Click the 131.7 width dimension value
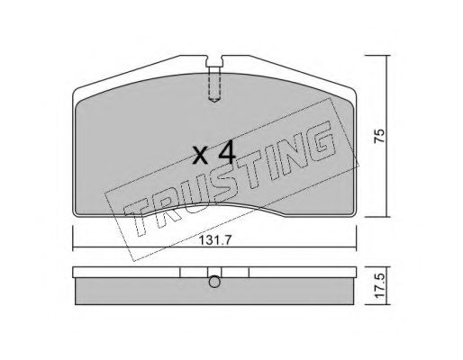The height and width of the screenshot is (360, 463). click(215, 240)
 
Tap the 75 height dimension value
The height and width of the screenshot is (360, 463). click(379, 136)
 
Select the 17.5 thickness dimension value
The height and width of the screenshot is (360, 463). click(380, 285)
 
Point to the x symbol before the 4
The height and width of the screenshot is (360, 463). click(200, 156)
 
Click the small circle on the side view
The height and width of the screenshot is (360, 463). click(214, 282)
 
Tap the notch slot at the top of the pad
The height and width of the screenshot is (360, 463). click(214, 61)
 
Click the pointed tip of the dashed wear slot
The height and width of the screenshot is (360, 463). click(214, 103)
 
